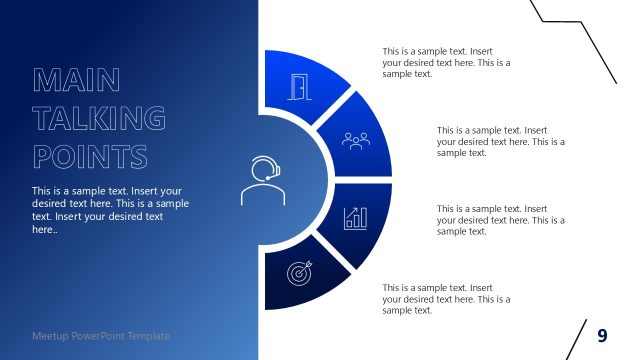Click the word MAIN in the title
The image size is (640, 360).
tap(76, 80)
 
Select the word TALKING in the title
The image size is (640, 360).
tap(99, 118)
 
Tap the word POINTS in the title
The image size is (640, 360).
tap(90, 156)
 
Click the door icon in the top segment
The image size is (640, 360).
tap(297, 87)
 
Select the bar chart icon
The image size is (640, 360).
tap(355, 217)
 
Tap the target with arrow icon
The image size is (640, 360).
tap(298, 271)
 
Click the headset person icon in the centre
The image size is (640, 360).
tap(262, 180)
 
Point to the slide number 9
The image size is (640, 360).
tap(602, 335)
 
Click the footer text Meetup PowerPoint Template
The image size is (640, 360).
tap(100, 336)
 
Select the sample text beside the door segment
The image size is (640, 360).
tap(446, 62)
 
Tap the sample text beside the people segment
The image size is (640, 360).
tap(501, 141)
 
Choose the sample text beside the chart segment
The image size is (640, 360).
tap(501, 220)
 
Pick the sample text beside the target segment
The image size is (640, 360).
tap(446, 299)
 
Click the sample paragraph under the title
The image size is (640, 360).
tap(110, 209)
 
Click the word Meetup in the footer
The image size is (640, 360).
tap(51, 336)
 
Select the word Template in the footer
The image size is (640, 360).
tap(147, 336)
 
